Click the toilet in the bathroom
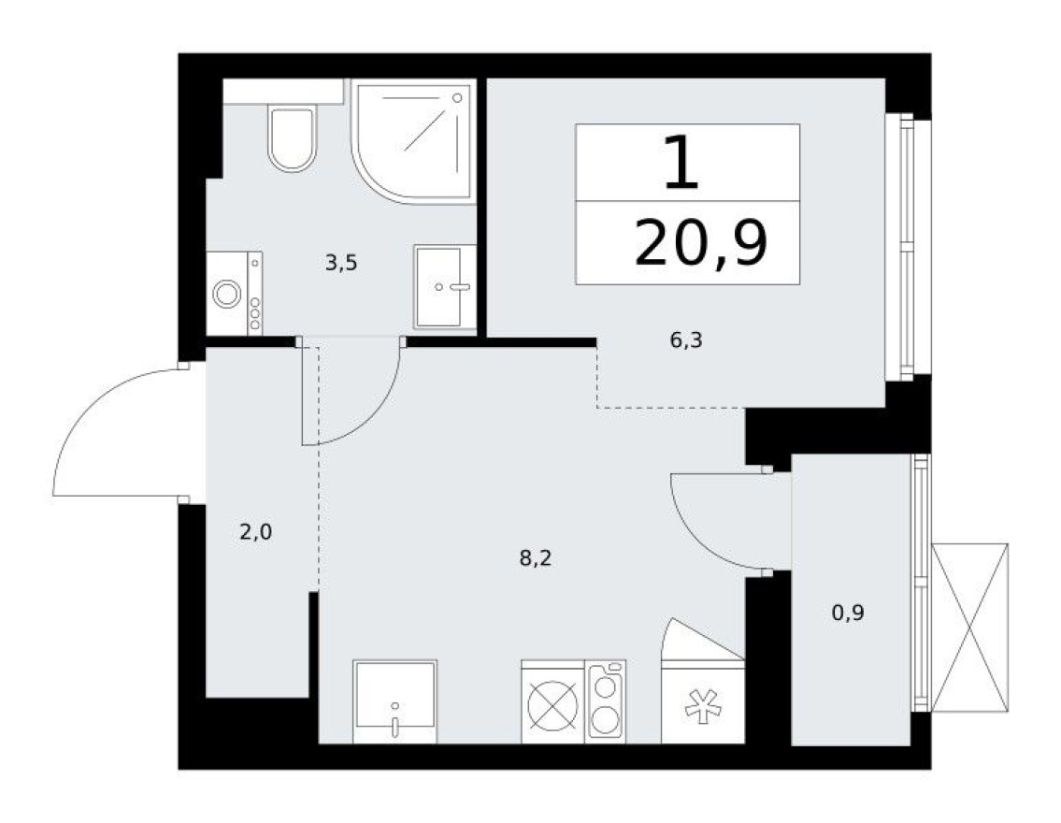point(292,137)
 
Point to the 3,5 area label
point(341,263)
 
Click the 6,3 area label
point(684,340)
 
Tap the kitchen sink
point(394,702)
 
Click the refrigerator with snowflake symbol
point(702,701)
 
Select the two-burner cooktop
point(606,701)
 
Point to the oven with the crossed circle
point(552,702)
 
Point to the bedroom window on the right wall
point(907,247)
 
